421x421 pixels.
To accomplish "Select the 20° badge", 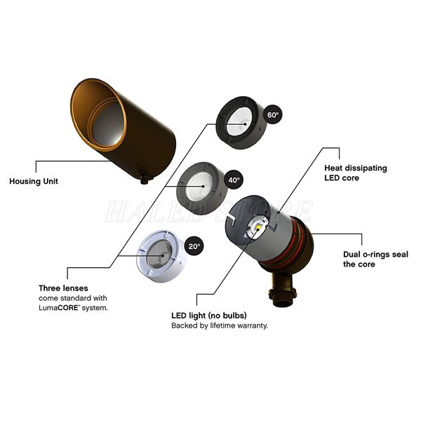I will [194, 246].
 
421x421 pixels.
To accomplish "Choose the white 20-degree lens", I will [161, 255].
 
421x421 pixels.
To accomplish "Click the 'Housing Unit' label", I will [34, 181].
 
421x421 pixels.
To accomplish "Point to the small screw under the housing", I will [145, 179].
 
